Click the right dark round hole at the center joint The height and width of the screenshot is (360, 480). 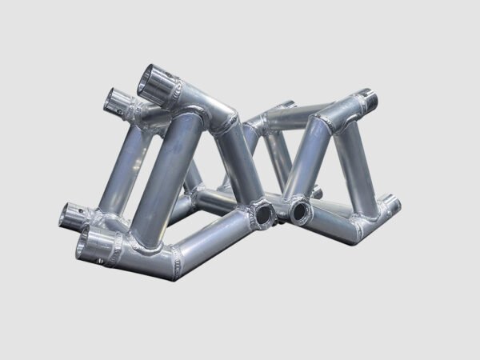click(302, 211)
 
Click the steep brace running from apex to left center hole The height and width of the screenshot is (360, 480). click(240, 168)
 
